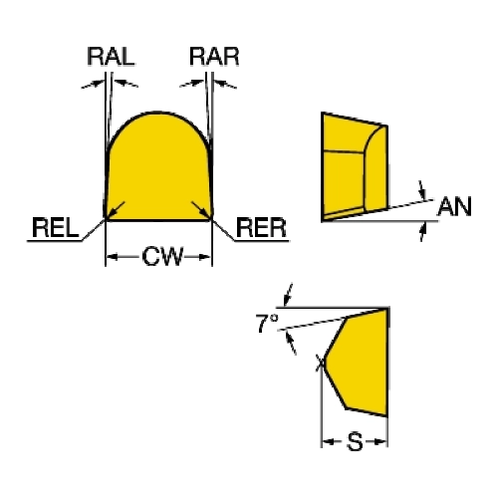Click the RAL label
click(x=111, y=57)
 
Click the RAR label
click(x=214, y=57)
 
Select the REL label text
click(x=56, y=228)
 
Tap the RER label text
click(x=261, y=228)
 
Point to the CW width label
click(x=162, y=256)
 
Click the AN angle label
click(x=454, y=206)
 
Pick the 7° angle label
click(x=267, y=323)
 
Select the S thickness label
click(x=355, y=442)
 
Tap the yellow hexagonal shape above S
click(x=357, y=362)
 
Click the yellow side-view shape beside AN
click(x=355, y=167)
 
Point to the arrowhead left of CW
click(x=112, y=257)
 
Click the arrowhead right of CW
click(x=205, y=257)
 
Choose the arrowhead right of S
click(x=380, y=442)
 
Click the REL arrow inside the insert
click(x=116, y=210)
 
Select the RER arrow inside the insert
click(x=201, y=210)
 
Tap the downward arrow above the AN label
click(x=422, y=190)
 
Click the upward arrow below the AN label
click(x=422, y=232)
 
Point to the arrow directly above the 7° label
click(x=289, y=295)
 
